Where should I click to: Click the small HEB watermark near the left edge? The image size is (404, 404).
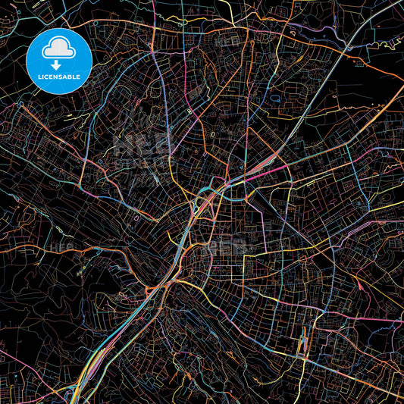pos(57,246)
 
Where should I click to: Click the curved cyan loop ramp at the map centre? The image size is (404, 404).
pos(202,200)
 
